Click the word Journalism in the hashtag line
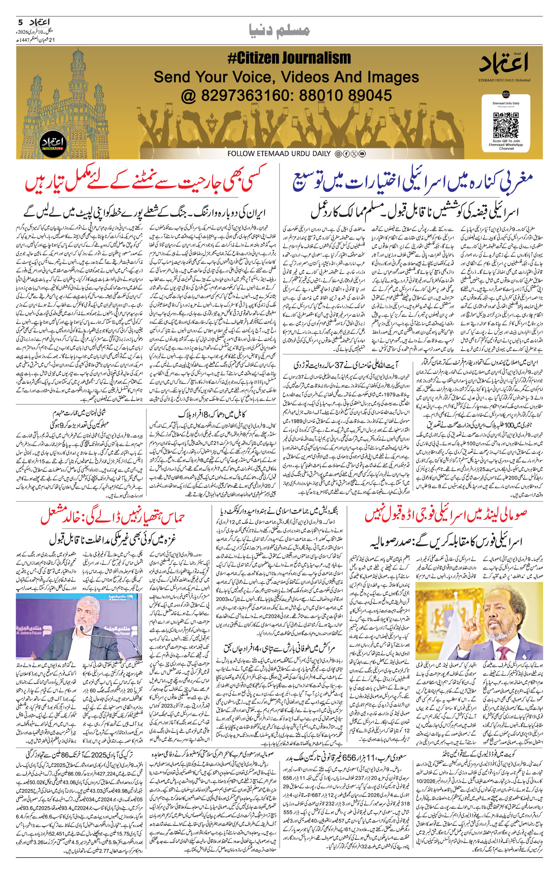pos(312,58)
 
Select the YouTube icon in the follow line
pos(362,154)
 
